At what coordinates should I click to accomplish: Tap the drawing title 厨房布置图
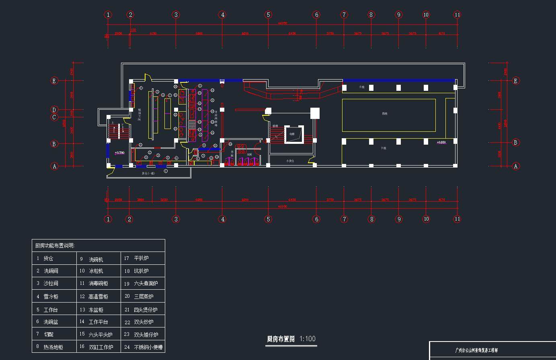pyautogui.click(x=281, y=339)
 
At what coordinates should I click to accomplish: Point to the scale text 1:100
pyautogui.click(x=308, y=339)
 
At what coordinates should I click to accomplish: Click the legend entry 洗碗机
pyautogui.click(x=96, y=260)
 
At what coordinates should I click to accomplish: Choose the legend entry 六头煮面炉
pyautogui.click(x=146, y=284)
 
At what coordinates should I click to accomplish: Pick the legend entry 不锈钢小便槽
pyautogui.click(x=148, y=347)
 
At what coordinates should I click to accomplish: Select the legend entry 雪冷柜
pyautogui.click(x=51, y=297)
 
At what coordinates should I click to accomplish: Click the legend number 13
pyautogui.click(x=82, y=310)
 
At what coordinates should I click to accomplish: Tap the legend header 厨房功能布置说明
pyautogui.click(x=55, y=246)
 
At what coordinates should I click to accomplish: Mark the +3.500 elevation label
pyautogui.click(x=119, y=153)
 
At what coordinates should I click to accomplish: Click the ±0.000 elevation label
pyautogui.click(x=441, y=142)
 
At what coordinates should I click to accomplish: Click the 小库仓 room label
pyautogui.click(x=290, y=161)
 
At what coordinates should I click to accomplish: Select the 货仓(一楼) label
pyautogui.click(x=148, y=174)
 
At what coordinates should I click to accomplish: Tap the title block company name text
pyautogui.click(x=476, y=350)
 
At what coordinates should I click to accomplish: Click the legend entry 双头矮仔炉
pyautogui.click(x=146, y=335)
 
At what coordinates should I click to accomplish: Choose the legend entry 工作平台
pyautogui.click(x=98, y=322)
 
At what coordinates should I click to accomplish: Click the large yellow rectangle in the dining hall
pyautogui.click(x=389, y=115)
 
